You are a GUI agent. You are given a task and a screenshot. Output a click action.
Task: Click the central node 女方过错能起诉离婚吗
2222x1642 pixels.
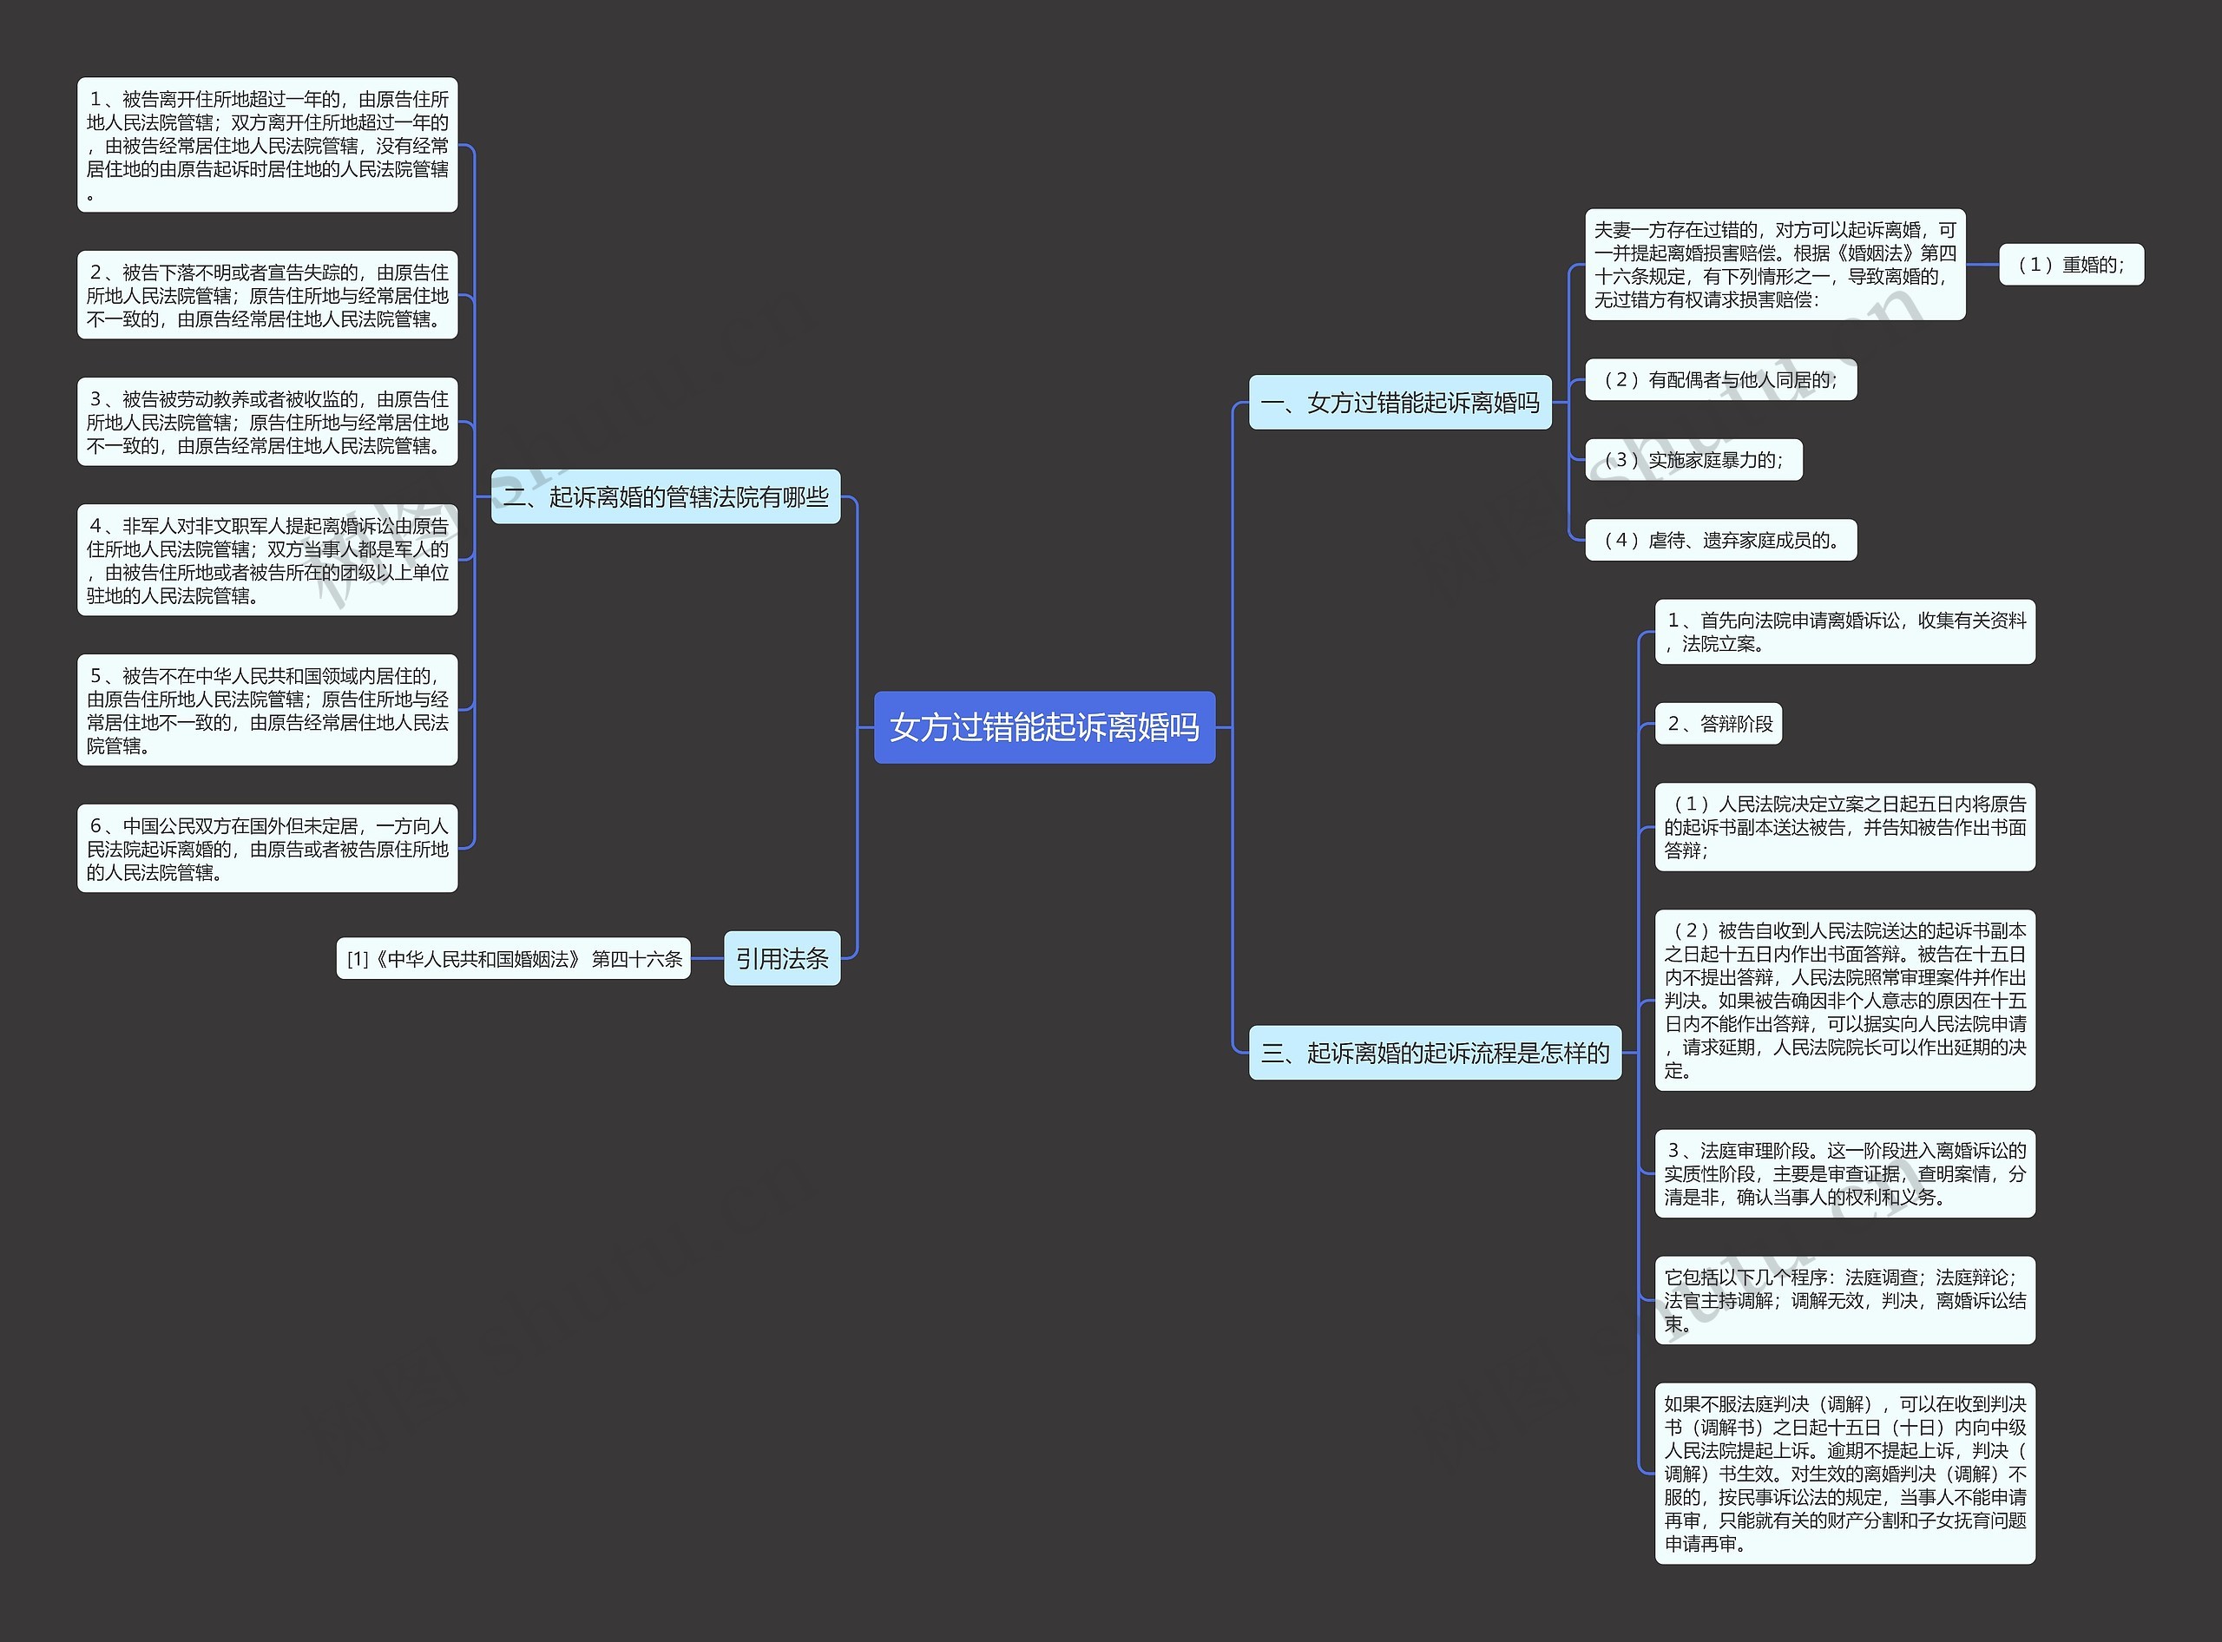(x=1044, y=727)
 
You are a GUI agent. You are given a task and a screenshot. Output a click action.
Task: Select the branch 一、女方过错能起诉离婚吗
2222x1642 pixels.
(x=1399, y=403)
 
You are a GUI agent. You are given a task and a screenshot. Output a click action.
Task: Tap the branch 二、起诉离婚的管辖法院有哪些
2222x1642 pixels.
(x=665, y=497)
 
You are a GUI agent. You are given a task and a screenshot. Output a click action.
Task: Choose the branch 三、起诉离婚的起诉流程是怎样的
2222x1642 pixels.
(x=1434, y=1053)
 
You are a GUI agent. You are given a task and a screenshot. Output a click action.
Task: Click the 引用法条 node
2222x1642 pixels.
(x=781, y=958)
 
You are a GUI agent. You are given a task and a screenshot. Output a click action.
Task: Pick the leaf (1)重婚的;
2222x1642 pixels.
(x=2070, y=266)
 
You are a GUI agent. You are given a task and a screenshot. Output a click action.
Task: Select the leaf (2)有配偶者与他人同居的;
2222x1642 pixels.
(x=1720, y=379)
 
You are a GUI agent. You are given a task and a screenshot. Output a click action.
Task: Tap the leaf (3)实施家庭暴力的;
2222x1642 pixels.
(x=1693, y=460)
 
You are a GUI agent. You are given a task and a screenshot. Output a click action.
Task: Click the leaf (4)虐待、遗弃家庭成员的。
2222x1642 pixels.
(x=1720, y=541)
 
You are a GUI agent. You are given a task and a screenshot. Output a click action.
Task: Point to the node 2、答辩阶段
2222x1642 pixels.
(x=1718, y=724)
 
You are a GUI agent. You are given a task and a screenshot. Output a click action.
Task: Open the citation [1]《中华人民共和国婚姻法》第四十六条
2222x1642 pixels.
(x=513, y=959)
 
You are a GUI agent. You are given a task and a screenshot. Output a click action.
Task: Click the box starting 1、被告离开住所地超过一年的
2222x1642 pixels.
(x=267, y=145)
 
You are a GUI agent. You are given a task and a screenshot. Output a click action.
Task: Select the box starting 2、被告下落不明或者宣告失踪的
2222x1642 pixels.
(x=267, y=295)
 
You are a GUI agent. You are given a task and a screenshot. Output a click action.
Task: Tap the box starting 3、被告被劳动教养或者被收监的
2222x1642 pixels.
(x=267, y=422)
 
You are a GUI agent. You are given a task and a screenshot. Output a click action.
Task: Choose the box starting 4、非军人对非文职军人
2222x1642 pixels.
(x=267, y=560)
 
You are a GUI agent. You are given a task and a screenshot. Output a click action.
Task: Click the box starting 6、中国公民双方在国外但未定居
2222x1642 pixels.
(x=267, y=848)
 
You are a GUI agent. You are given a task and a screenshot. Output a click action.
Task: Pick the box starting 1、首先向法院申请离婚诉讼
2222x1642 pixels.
(x=1844, y=632)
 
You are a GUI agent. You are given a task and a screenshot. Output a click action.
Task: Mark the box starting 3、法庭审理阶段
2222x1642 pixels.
(x=1844, y=1174)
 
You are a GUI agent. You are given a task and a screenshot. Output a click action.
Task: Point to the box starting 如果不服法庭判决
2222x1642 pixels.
(x=1844, y=1473)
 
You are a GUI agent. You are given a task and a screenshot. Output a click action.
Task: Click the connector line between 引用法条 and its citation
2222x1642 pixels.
(x=707, y=959)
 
